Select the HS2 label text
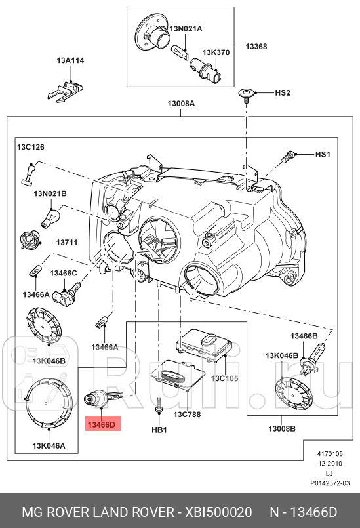(282, 94)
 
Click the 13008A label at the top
(180, 104)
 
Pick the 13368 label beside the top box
(256, 47)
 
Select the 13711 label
(66, 243)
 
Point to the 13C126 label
(30, 148)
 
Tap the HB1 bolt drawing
(159, 409)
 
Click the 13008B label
(281, 428)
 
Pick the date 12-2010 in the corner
(329, 462)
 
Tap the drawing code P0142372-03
(330, 482)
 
